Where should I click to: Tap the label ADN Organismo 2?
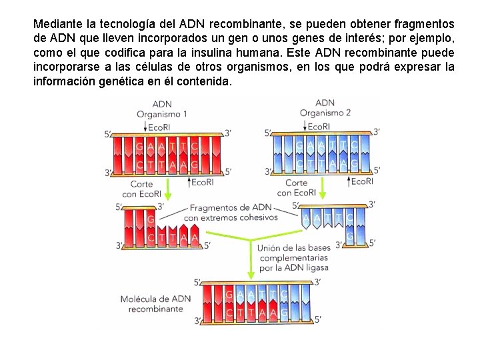(x=325, y=108)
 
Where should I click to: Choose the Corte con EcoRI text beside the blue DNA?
(x=297, y=187)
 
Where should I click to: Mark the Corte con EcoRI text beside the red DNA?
(x=139, y=189)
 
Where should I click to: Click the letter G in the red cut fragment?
(x=151, y=219)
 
